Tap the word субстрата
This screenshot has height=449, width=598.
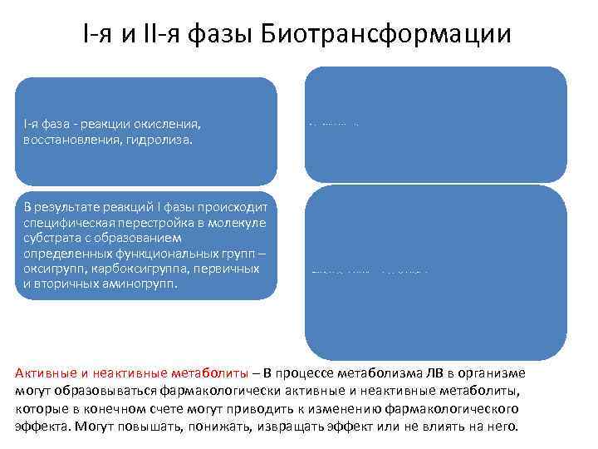(51, 238)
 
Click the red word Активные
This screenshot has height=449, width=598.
(47, 373)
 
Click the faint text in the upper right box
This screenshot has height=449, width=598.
(333, 124)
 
